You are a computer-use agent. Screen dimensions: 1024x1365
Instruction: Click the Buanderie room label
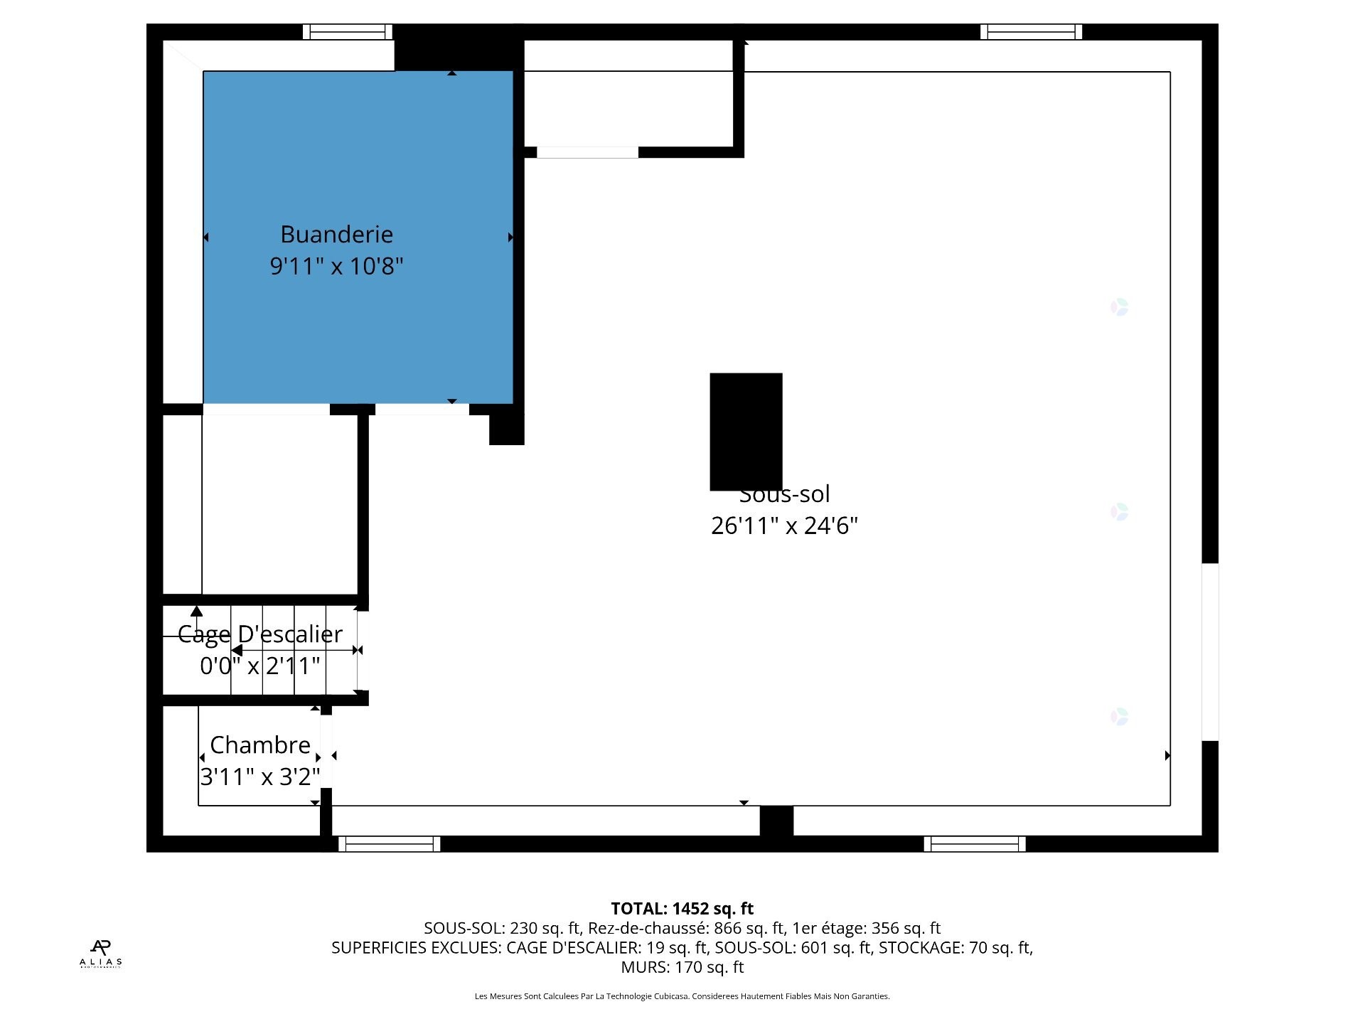click(336, 234)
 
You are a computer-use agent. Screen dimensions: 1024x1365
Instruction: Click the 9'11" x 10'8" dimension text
click(336, 266)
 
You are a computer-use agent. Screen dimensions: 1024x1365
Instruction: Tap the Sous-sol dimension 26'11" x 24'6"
click(784, 526)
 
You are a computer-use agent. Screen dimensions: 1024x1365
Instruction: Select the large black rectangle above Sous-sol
click(746, 431)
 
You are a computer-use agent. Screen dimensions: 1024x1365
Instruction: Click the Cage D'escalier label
click(259, 634)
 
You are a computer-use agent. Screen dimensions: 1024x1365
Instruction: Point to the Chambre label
click(260, 745)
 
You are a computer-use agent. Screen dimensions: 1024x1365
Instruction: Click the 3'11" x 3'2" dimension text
click(260, 777)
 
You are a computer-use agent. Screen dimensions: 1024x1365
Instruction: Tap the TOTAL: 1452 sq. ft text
click(682, 908)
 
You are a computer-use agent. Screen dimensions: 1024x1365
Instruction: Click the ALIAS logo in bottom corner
click(100, 954)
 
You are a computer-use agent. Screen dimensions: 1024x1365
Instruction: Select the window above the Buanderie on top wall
click(348, 32)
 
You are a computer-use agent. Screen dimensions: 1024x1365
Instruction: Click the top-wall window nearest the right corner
click(1031, 32)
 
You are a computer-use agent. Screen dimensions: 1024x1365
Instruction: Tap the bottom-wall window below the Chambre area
click(389, 844)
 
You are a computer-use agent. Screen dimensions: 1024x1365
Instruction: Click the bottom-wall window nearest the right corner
click(975, 844)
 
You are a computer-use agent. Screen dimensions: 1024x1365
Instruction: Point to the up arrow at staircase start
click(196, 611)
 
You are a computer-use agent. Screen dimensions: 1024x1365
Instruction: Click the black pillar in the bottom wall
click(776, 821)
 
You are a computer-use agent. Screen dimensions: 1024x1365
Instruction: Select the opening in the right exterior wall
click(1210, 651)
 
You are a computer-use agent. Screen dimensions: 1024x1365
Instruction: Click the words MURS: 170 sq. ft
click(682, 967)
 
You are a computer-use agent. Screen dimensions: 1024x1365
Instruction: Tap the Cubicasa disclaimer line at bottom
click(682, 996)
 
